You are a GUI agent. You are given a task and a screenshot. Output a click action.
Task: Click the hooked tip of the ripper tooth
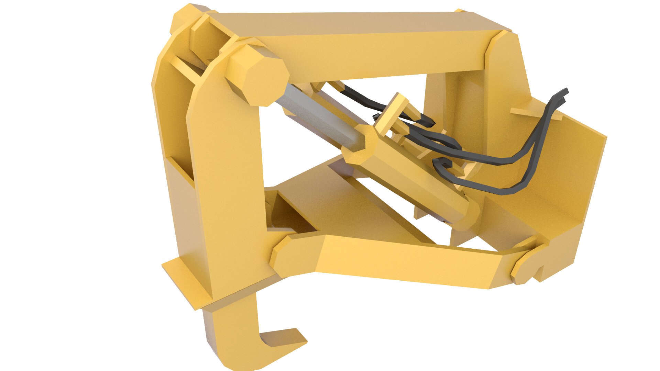289,340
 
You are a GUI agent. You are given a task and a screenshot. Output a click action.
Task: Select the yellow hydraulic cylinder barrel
412,179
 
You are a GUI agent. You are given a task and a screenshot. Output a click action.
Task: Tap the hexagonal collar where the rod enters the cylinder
361,144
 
